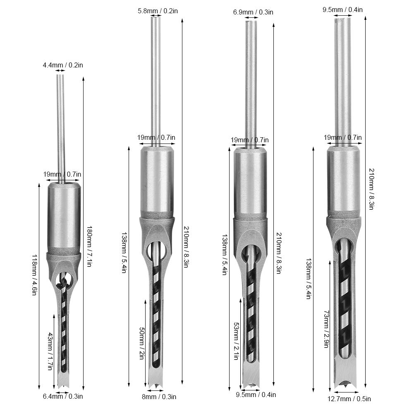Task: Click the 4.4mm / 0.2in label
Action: (63, 65)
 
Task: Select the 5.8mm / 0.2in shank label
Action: (158, 11)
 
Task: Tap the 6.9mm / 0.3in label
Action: (253, 12)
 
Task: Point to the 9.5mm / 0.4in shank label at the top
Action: (342, 10)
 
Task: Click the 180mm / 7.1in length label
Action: (89, 246)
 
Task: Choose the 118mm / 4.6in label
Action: (34, 275)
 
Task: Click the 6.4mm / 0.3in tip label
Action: (63, 396)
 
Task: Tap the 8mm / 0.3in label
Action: (159, 397)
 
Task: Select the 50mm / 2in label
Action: (142, 343)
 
